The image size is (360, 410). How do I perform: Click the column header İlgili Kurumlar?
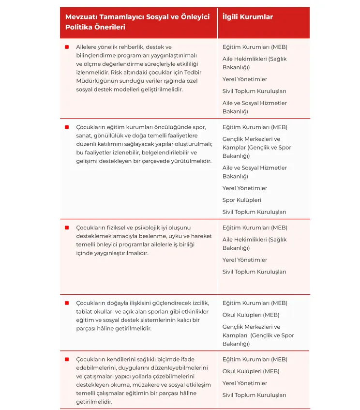point(247,17)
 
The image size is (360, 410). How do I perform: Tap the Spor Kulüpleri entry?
point(241,200)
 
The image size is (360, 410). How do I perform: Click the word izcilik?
point(199,303)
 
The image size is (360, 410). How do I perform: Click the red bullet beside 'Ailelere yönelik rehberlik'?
point(66,47)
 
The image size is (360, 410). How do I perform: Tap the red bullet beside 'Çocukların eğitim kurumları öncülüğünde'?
point(66,127)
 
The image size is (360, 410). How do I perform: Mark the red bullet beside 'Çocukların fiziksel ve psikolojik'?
point(66,228)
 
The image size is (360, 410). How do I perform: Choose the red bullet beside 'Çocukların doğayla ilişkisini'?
point(66,303)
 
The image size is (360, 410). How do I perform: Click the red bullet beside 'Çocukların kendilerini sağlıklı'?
point(66,359)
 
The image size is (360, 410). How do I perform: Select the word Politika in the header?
point(79,27)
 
